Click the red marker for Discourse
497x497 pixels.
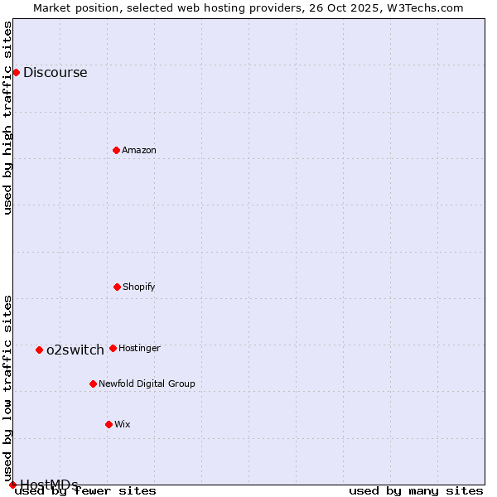(x=16, y=72)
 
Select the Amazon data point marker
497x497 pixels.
(x=116, y=150)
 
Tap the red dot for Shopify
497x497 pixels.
(x=117, y=287)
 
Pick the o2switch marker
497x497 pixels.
(x=39, y=350)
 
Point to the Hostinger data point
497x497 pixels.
(x=113, y=348)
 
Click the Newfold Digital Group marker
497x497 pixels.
(x=93, y=384)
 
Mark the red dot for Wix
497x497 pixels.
(x=109, y=424)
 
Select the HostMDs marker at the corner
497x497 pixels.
(x=12, y=485)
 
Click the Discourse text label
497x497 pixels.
(x=55, y=72)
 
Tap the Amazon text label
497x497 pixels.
(x=139, y=150)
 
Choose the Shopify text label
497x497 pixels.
(x=139, y=287)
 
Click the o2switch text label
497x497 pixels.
(x=75, y=350)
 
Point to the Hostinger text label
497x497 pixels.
(x=139, y=348)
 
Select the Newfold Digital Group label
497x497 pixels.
(x=147, y=384)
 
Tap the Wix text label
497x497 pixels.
(x=123, y=424)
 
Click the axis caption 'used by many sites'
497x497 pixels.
(x=416, y=490)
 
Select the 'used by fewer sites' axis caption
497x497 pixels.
(x=86, y=490)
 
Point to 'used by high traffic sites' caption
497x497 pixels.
(x=8, y=118)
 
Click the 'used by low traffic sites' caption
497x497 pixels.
(x=8, y=388)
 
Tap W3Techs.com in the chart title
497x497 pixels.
(x=422, y=7)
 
